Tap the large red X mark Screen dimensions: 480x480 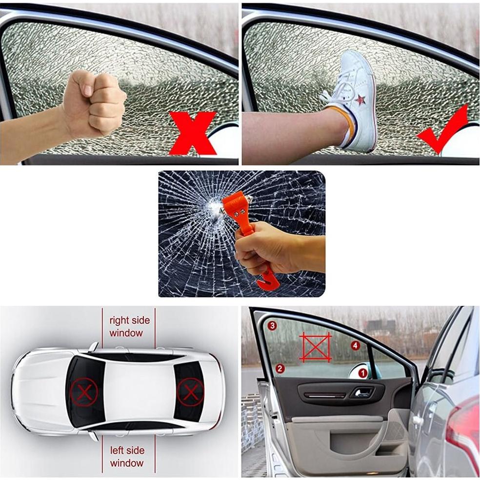[192, 133]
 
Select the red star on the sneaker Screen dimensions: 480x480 [360, 100]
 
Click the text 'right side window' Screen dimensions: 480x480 [129, 327]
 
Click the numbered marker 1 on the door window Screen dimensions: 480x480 [362, 373]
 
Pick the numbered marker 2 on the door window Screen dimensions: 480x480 [280, 368]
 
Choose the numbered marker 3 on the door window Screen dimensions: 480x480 [272, 325]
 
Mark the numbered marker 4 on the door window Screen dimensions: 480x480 [355, 345]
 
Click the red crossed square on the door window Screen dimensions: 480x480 [315, 347]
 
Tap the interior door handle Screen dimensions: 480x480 [362, 392]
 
